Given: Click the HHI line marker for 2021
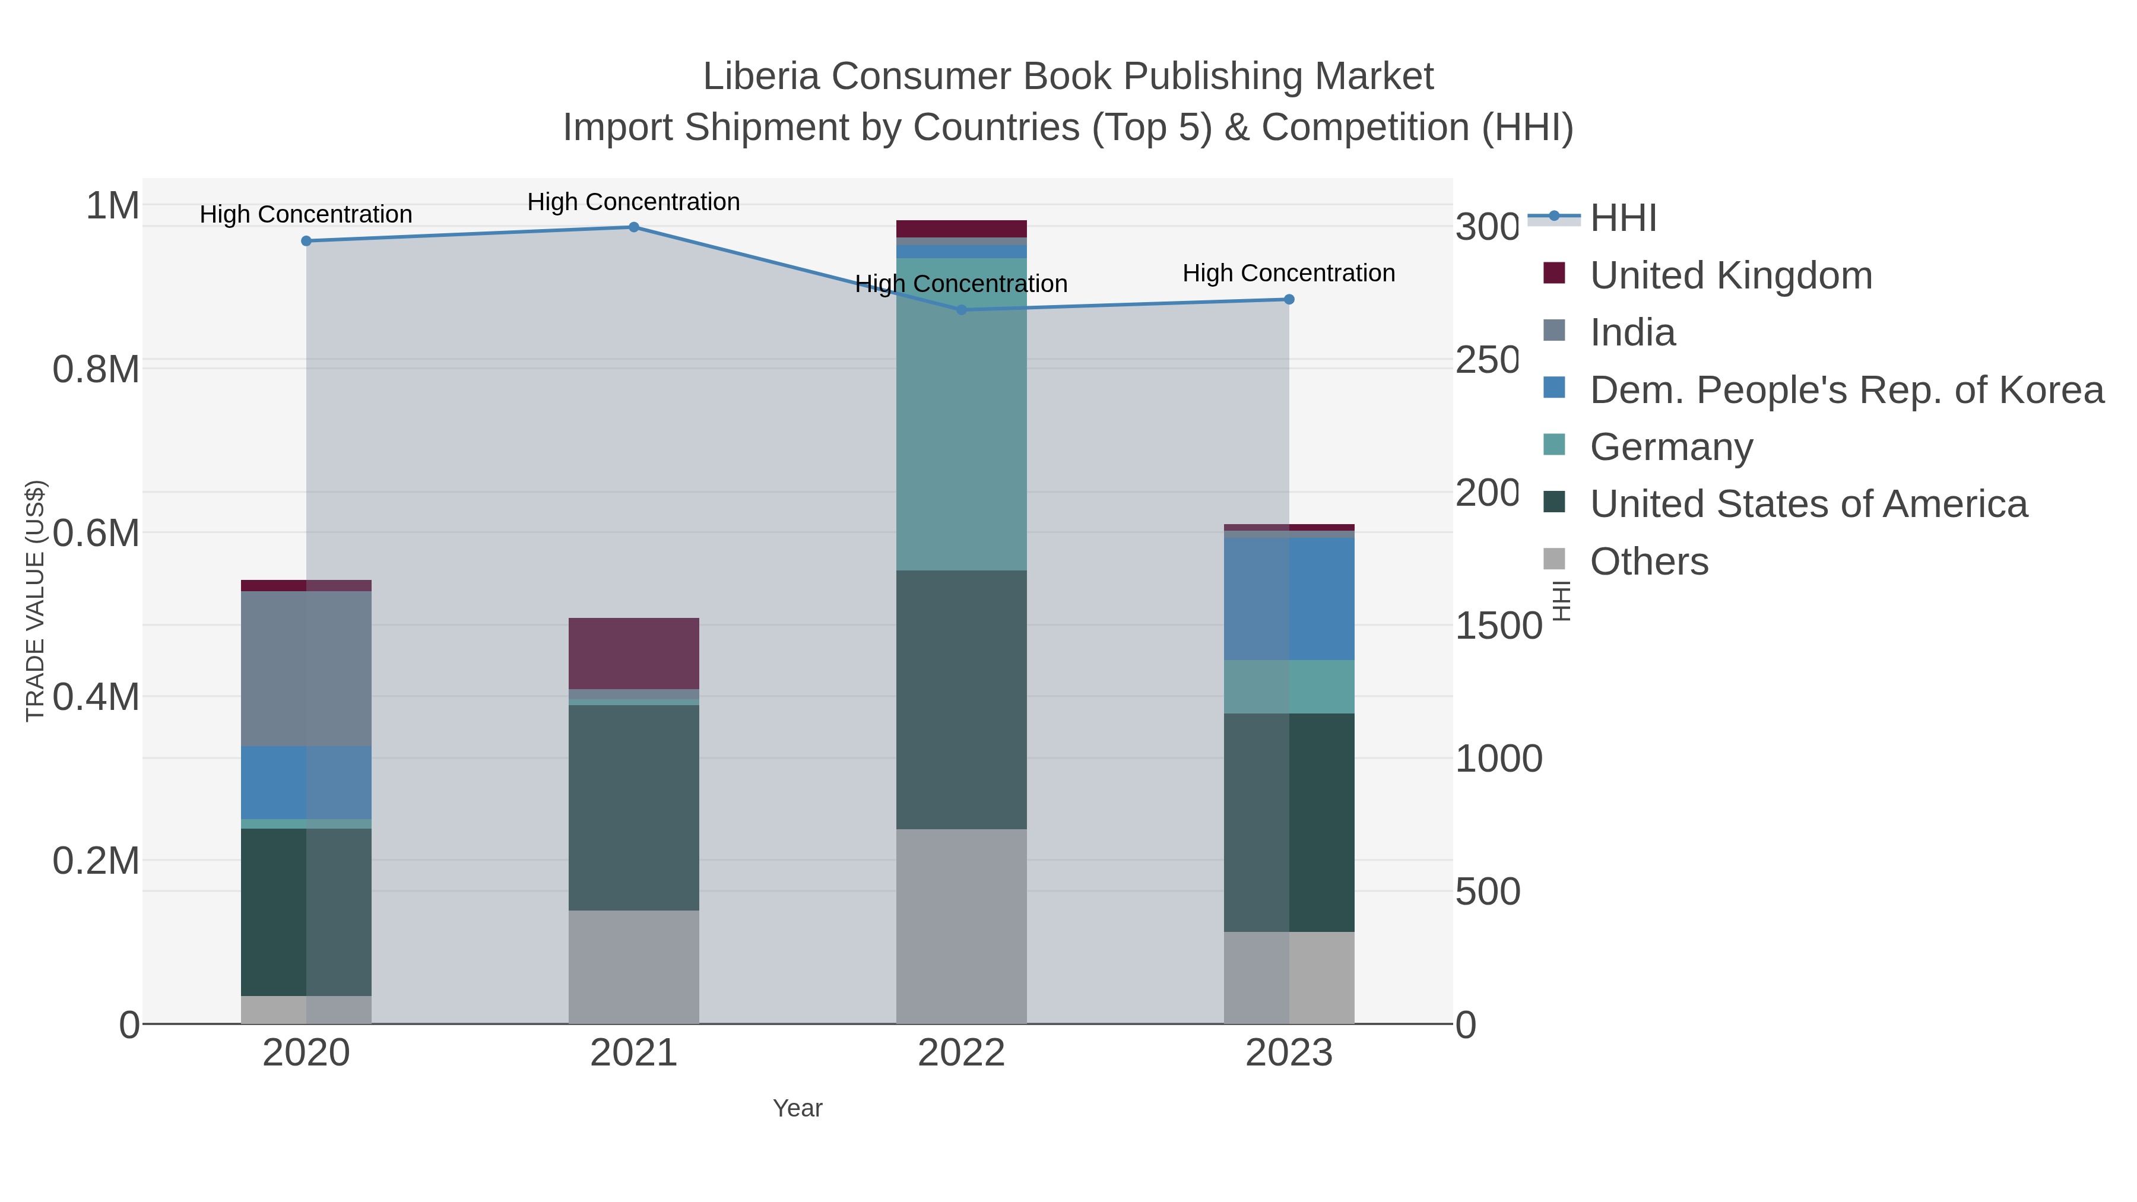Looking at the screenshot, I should coord(634,227).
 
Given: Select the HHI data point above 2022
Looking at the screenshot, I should coord(962,310).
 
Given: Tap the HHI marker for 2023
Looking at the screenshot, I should coord(1289,300).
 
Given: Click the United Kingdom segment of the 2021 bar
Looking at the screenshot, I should coord(634,654).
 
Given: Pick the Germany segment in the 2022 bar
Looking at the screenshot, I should coord(962,415).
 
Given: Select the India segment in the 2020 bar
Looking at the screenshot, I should coord(306,668).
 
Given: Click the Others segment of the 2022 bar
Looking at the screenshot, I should coord(962,927).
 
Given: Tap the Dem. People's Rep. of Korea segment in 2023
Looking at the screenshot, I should coord(1289,599).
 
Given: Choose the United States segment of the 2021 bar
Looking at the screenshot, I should coord(634,808).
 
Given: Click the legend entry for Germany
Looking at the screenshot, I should coord(1671,447).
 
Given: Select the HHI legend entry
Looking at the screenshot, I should coord(1623,218).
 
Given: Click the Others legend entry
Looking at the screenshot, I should coord(1648,562).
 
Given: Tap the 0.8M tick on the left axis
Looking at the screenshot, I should coord(96,370).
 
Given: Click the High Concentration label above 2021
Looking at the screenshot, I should coord(634,202).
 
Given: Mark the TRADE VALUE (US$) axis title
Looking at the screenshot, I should coord(35,601).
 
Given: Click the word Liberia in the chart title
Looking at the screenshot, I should coord(762,77).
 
